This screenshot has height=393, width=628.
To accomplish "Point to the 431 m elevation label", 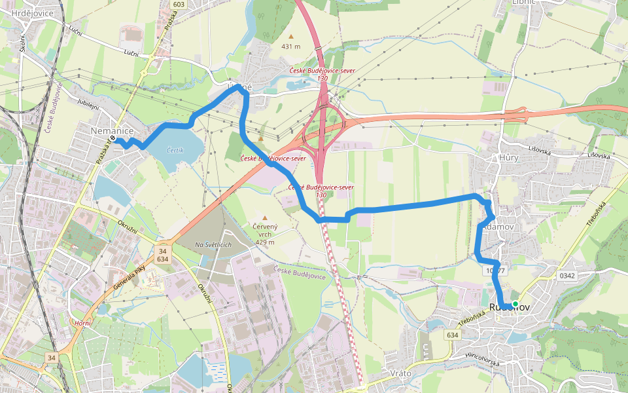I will [290, 47].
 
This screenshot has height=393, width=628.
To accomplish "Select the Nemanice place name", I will [112, 132].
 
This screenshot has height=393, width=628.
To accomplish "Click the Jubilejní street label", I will [88, 104].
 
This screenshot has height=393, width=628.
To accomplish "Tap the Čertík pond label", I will [175, 151].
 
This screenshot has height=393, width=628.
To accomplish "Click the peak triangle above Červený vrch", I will [265, 218].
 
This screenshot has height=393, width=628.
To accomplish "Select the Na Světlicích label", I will [213, 244].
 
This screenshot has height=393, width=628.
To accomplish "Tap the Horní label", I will [82, 323].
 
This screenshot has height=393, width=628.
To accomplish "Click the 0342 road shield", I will [567, 276].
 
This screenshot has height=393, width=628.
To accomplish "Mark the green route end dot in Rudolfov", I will [515, 305].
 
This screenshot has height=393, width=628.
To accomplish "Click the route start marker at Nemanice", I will [113, 139].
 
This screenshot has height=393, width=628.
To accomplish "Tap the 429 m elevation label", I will [265, 242].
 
